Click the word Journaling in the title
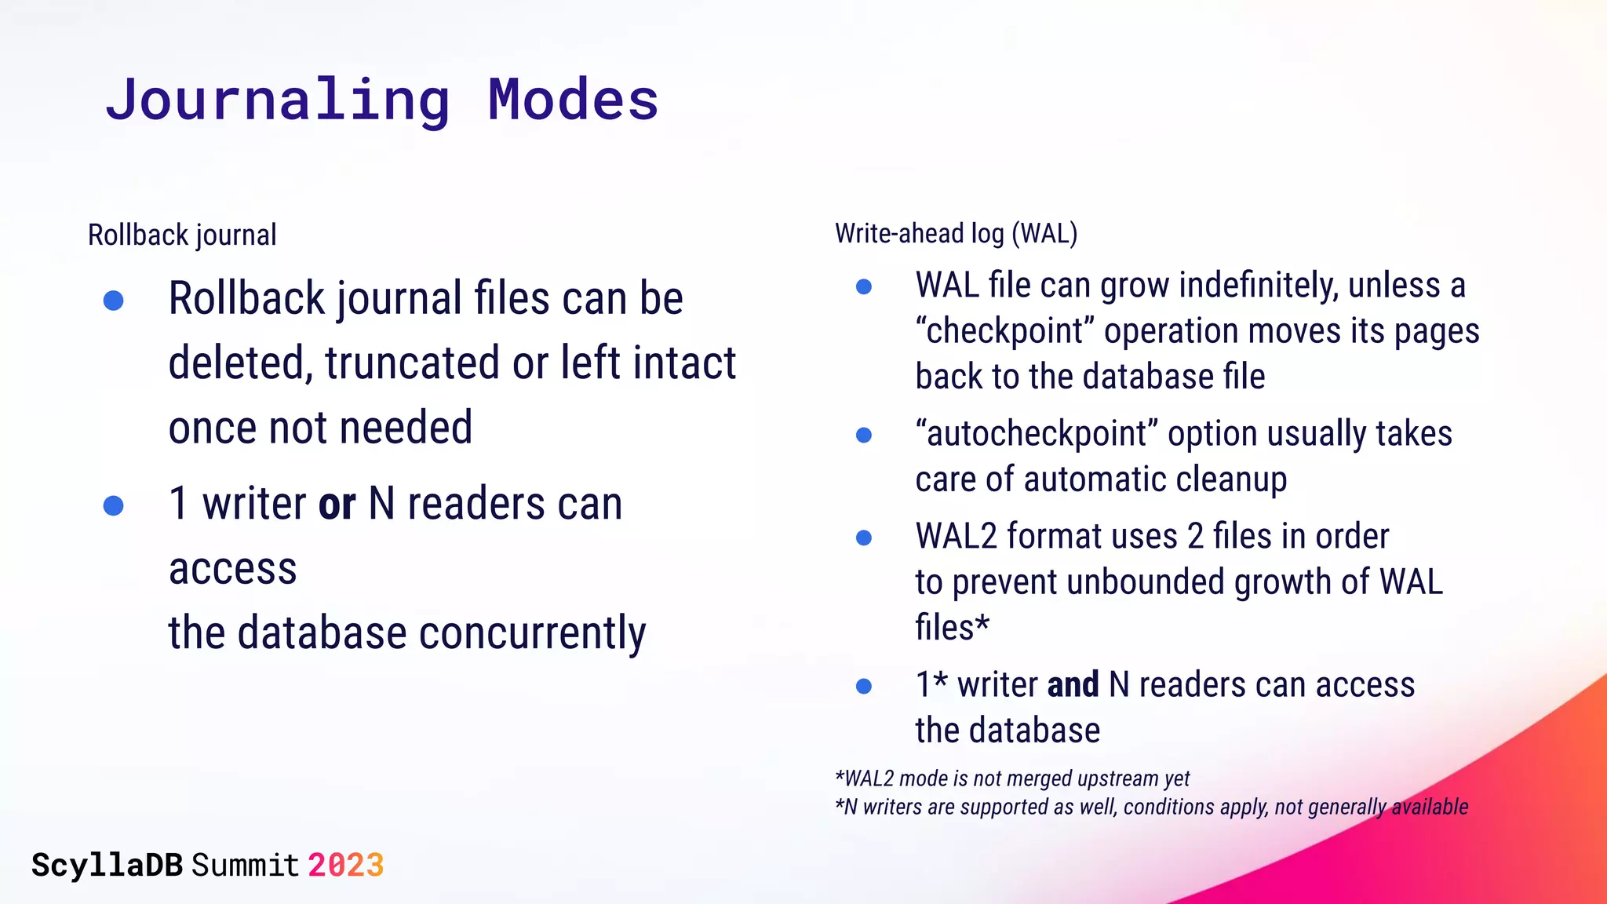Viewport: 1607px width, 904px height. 278,100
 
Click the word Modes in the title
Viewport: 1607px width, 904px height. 573,100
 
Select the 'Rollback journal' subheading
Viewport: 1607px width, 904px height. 182,235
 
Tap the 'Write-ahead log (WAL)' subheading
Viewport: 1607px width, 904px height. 956,233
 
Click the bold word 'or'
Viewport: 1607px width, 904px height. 337,504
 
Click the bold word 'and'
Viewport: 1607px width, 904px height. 1073,685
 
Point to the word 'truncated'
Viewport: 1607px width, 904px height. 413,363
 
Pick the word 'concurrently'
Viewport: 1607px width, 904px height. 532,633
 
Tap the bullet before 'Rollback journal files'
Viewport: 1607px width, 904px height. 114,300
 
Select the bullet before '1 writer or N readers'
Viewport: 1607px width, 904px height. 114,505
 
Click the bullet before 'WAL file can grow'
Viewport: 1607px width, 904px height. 864,286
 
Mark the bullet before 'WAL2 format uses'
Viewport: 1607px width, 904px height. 864,538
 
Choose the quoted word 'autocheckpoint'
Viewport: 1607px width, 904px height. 1037,434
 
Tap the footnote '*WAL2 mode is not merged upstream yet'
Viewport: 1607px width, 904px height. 1012,778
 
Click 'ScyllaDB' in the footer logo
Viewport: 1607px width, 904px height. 107,865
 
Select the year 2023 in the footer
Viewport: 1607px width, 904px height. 345,865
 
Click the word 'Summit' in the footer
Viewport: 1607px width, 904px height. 245,865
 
